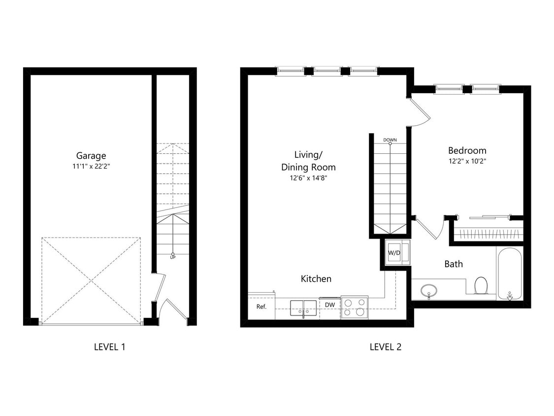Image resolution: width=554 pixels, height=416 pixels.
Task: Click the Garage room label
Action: click(91, 156)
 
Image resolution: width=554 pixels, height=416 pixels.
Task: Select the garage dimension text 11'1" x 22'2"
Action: click(91, 167)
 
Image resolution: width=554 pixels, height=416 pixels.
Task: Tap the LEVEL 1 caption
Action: click(109, 347)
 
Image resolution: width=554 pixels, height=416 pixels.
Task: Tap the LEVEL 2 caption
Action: click(386, 347)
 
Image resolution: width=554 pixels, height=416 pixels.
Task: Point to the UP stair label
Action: click(172, 257)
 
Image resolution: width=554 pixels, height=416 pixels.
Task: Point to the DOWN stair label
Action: click(390, 140)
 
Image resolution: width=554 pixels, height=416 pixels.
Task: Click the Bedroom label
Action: click(467, 151)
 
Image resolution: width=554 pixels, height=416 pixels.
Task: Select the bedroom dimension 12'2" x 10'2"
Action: click(467, 161)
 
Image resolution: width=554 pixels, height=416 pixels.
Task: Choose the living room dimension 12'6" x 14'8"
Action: click(308, 178)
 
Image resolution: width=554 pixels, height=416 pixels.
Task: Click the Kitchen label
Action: click(316, 279)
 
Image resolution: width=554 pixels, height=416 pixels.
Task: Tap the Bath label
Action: click(454, 264)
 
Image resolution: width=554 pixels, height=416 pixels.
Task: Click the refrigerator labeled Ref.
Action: click(261, 307)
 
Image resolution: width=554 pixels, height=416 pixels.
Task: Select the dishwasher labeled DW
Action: click(330, 305)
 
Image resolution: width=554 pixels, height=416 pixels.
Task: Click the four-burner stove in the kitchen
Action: click(355, 308)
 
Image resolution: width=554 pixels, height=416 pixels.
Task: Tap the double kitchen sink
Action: click(303, 307)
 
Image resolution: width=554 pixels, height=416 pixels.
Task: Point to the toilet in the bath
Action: click(481, 285)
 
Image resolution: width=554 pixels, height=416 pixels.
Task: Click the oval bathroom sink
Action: click(429, 290)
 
